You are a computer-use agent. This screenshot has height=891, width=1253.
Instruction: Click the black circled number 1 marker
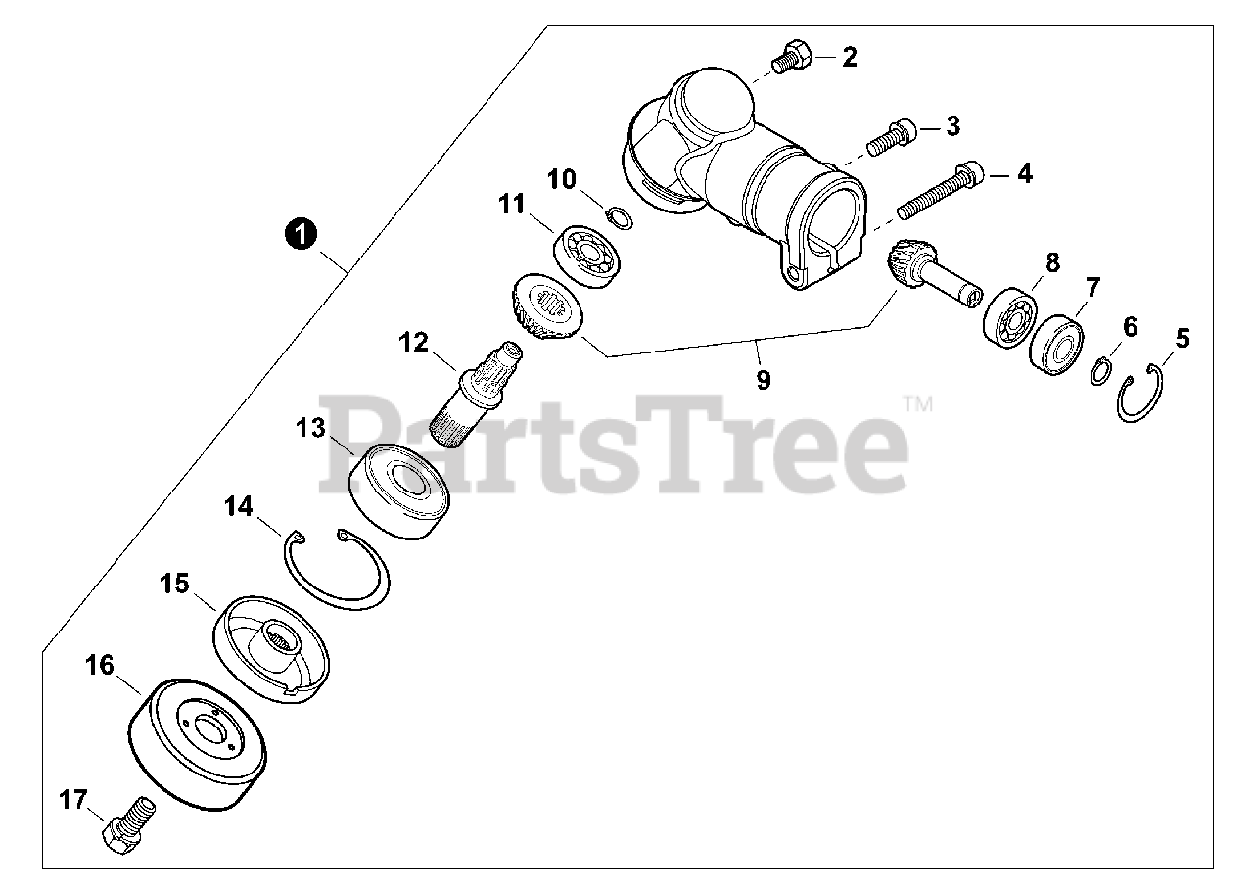click(x=301, y=234)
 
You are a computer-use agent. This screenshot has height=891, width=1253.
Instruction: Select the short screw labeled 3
click(x=891, y=137)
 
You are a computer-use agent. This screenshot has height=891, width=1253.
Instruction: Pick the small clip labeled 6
click(x=1101, y=370)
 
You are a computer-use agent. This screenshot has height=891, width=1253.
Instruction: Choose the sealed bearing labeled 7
click(x=1056, y=345)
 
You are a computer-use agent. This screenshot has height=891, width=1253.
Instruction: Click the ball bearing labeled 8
click(x=1009, y=318)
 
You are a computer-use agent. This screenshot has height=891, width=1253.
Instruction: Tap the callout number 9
click(x=764, y=380)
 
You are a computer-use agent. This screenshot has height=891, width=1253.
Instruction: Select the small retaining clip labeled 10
click(x=620, y=217)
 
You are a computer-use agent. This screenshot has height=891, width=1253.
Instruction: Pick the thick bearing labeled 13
click(x=398, y=491)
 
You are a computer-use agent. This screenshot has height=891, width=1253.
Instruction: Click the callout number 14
click(x=238, y=506)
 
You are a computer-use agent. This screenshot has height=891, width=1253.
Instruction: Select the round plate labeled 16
click(x=198, y=744)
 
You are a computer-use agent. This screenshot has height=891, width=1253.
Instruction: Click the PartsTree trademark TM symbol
click(x=918, y=404)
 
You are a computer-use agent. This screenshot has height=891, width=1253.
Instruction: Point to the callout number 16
click(x=99, y=665)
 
